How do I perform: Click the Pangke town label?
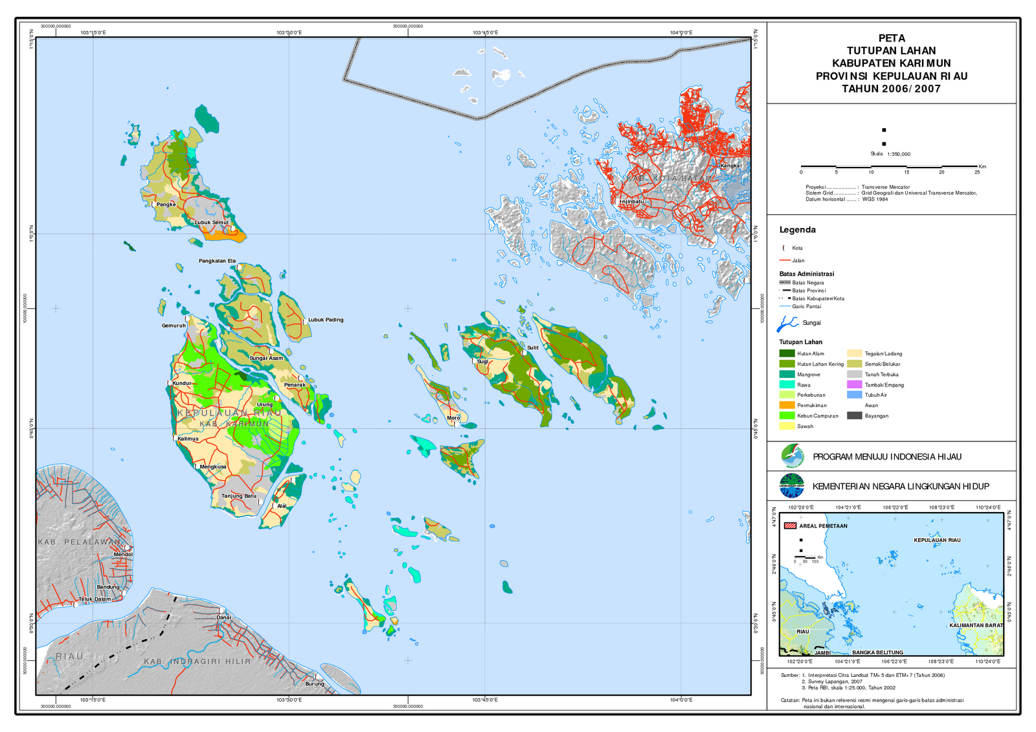166,205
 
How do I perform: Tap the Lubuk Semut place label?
211,223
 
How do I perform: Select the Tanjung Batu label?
239,496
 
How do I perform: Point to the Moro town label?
453,418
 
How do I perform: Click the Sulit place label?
532,348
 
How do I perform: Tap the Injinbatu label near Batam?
632,202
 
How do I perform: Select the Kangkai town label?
731,166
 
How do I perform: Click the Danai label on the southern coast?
223,617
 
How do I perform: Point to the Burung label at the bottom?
315,683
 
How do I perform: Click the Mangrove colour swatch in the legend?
787,374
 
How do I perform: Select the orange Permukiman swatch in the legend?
787,405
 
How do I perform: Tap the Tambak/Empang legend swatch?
855,384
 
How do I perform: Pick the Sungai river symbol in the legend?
787,322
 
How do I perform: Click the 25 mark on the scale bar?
977,172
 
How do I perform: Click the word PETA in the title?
891,38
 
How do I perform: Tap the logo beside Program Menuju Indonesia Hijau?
792,456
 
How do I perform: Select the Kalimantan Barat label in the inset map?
976,625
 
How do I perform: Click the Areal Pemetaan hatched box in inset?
790,526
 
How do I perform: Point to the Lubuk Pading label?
326,320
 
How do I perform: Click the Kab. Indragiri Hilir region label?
197,661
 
